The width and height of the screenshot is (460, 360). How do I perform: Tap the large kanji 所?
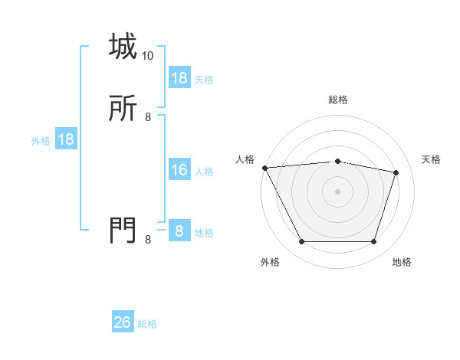pos(123,110)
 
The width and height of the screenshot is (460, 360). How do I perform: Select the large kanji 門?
pos(123,229)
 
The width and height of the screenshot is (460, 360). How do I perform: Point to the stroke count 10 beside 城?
pos(148,56)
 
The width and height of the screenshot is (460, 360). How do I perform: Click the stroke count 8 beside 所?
pos(148,117)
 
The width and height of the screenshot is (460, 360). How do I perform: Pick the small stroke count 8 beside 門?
pos(148,240)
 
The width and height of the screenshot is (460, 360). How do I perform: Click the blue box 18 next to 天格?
pos(179,78)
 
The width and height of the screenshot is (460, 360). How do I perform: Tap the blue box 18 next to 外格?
pos(65,139)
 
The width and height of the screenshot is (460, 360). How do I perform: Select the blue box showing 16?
pos(179,170)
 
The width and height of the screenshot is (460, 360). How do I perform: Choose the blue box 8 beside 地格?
pos(179,231)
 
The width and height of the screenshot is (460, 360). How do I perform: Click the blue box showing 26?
pos(123,322)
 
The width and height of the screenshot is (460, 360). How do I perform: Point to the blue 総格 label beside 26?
pos(147,324)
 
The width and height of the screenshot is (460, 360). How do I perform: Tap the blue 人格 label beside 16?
pos(204,172)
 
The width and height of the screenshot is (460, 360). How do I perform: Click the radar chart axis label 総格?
pos(337,100)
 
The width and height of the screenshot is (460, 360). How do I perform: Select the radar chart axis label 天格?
pos(431,159)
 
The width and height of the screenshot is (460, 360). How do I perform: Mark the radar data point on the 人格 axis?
pos(264,168)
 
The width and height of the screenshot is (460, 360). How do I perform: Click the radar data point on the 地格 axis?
pos(373,242)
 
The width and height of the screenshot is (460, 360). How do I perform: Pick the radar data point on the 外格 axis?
pos(301,242)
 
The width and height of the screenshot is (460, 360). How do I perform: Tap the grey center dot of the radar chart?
pos(337,191)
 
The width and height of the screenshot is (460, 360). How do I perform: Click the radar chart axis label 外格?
pos(270,262)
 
